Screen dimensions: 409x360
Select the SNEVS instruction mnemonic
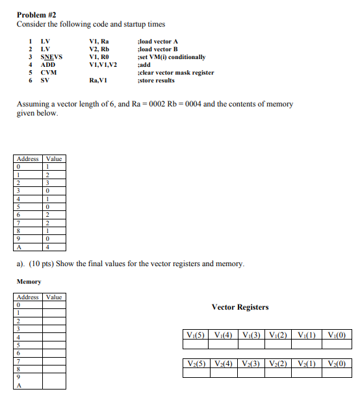pyautogui.click(x=51, y=57)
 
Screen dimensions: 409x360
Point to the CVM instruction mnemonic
pyautogui.click(x=48, y=73)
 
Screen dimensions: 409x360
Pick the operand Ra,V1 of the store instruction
pyautogui.click(x=97, y=81)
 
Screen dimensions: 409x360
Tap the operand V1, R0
pyautogui.click(x=99, y=57)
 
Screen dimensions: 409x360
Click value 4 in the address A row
pyautogui.click(x=47, y=247)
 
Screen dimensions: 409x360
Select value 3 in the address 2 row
pyautogui.click(x=47, y=183)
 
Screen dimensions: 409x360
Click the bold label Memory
pyautogui.click(x=29, y=282)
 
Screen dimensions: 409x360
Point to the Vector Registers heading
pyautogui.click(x=240, y=307)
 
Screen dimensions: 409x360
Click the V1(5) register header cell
pyautogui.click(x=196, y=335)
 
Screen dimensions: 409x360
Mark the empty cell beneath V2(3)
pyautogui.click(x=251, y=373)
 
